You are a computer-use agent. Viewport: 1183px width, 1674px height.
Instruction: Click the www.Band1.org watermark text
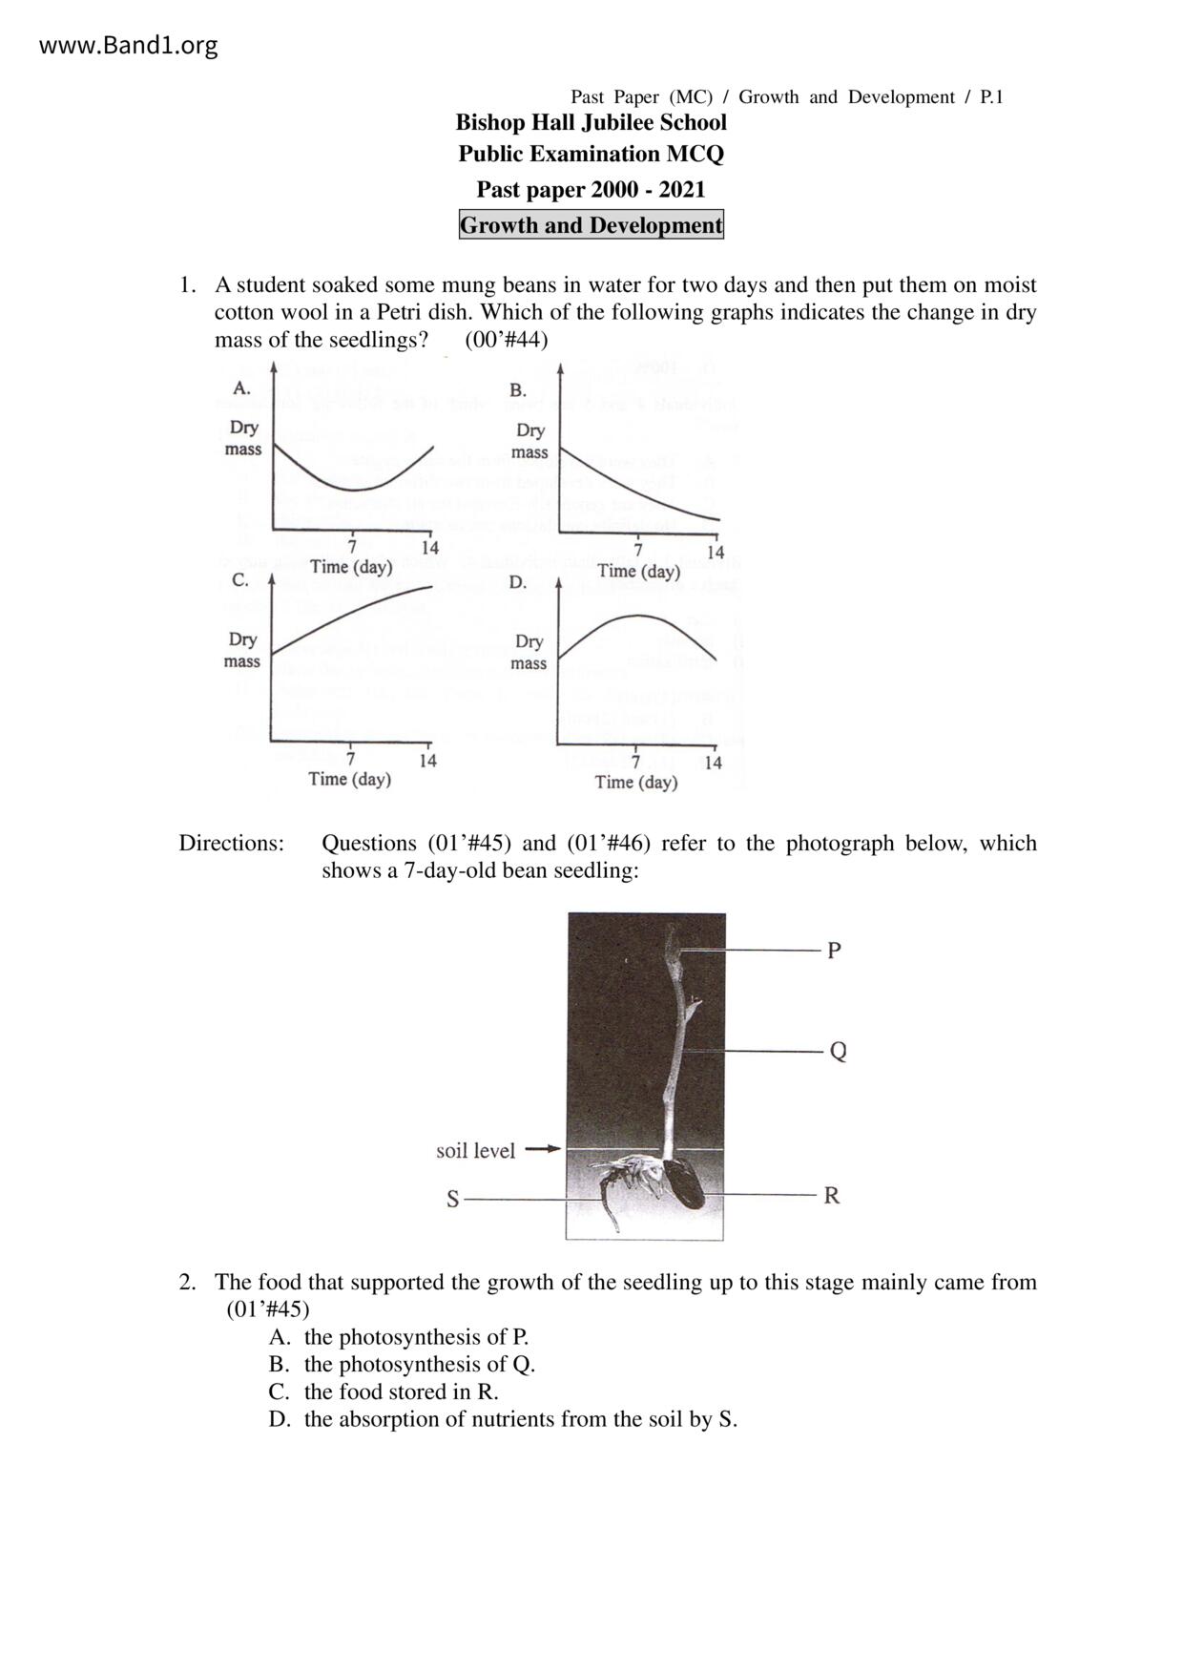[x=128, y=45]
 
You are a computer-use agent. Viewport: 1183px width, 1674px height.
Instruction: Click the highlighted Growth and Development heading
[x=591, y=225]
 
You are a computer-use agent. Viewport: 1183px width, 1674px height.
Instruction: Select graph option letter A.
[x=242, y=387]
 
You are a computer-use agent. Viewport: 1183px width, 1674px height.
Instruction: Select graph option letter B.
[x=518, y=389]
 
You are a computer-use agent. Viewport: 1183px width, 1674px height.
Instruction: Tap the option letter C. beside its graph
[x=240, y=580]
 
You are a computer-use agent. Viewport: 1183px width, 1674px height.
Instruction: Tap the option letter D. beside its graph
[x=517, y=582]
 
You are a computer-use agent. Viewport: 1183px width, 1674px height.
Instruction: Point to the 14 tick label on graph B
[x=716, y=552]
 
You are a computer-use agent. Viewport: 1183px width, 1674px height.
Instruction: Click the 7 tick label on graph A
[x=352, y=547]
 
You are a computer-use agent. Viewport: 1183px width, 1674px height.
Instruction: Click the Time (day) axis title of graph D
[x=636, y=783]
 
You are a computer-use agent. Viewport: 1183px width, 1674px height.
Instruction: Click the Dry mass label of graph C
[x=242, y=650]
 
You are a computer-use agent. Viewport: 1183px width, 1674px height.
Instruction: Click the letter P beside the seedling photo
[x=834, y=951]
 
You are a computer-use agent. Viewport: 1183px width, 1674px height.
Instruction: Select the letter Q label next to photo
[x=838, y=1052]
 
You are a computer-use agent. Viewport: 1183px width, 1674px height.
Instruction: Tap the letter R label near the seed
[x=832, y=1196]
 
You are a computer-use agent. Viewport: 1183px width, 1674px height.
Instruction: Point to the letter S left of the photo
[x=453, y=1200]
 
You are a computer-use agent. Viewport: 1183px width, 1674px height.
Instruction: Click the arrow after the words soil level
[x=543, y=1149]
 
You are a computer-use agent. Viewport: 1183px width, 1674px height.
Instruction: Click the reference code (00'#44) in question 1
[x=507, y=340]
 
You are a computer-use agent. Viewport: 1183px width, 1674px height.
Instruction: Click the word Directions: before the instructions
[x=232, y=843]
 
